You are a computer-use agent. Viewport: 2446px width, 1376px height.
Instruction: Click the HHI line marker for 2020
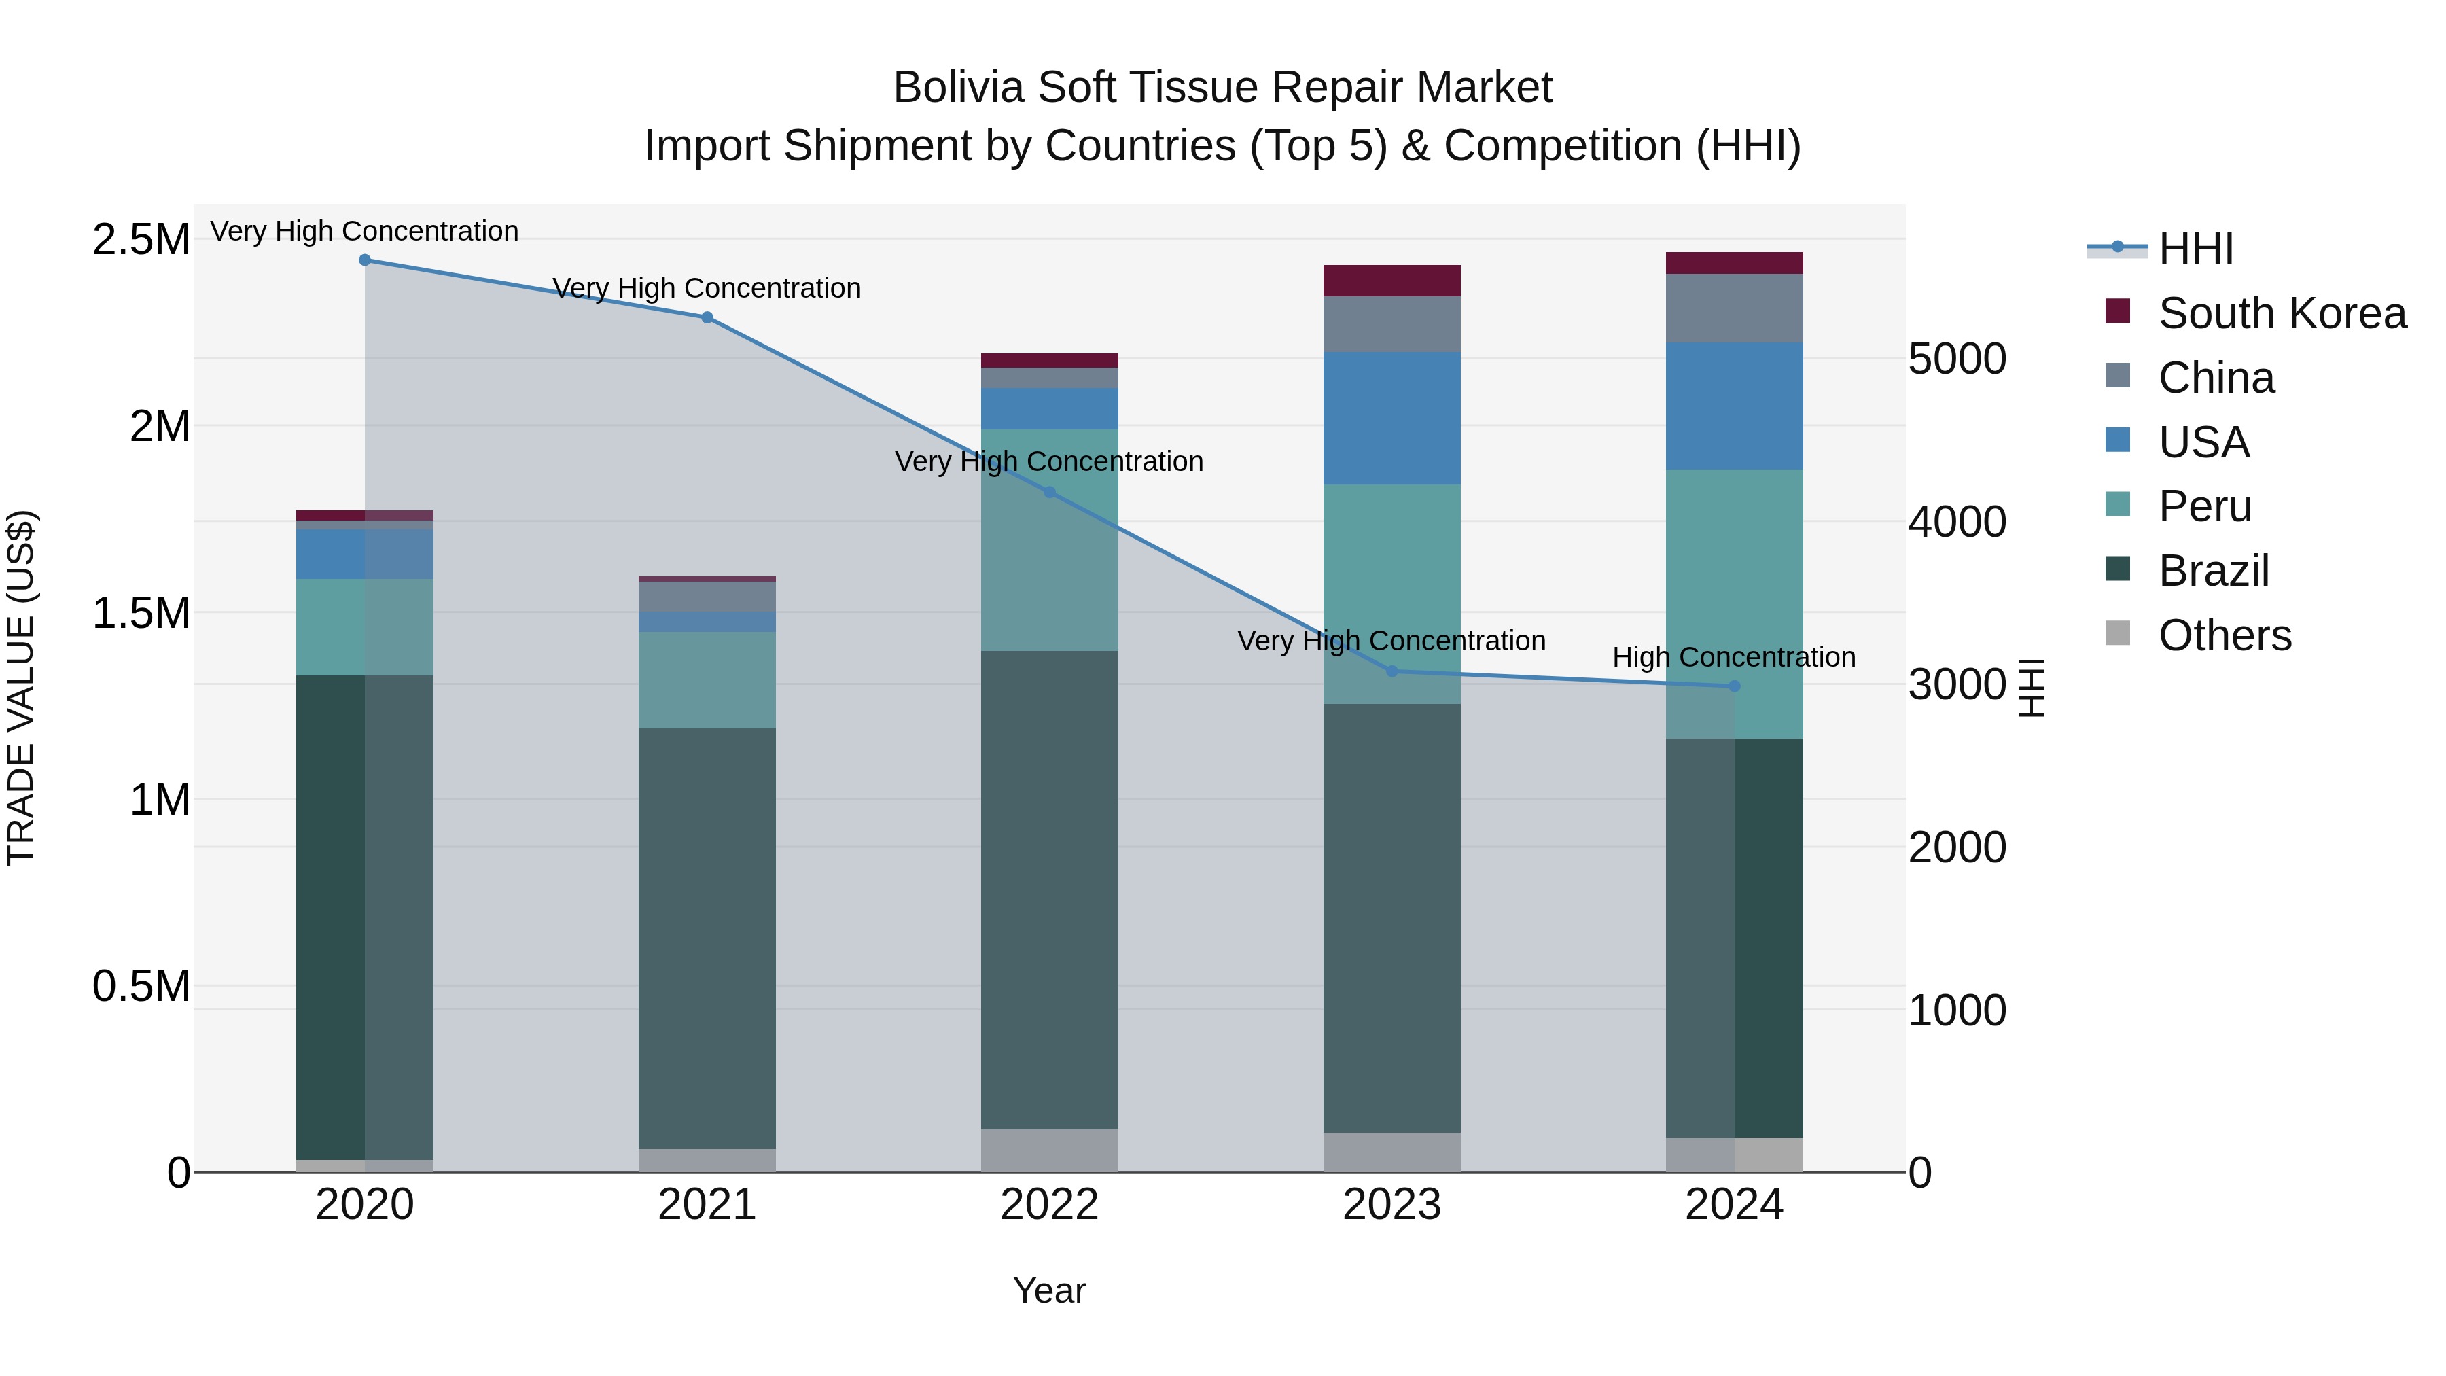(x=365, y=260)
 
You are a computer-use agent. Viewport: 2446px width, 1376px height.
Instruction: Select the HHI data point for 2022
(x=1049, y=492)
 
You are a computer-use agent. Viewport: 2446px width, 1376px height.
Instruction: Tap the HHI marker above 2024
(x=1734, y=686)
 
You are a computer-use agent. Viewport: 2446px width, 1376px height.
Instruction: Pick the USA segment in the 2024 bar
(x=1734, y=406)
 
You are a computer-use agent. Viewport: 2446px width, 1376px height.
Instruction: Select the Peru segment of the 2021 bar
(x=707, y=680)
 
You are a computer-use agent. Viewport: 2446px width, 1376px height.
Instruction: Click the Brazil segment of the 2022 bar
(x=1049, y=889)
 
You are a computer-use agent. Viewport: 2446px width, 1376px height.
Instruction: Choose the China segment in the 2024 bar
(x=1734, y=308)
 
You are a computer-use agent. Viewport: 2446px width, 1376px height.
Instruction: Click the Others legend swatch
(x=2117, y=633)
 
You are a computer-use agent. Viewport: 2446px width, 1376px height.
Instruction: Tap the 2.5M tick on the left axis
(x=141, y=239)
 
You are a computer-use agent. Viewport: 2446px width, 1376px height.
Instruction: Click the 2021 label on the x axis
(x=707, y=1205)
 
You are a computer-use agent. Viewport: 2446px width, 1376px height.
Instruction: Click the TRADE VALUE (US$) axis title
(x=21, y=688)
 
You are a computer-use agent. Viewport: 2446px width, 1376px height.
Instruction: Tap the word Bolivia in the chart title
(x=959, y=88)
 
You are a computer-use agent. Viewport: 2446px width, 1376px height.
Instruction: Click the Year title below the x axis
(x=1048, y=1290)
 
